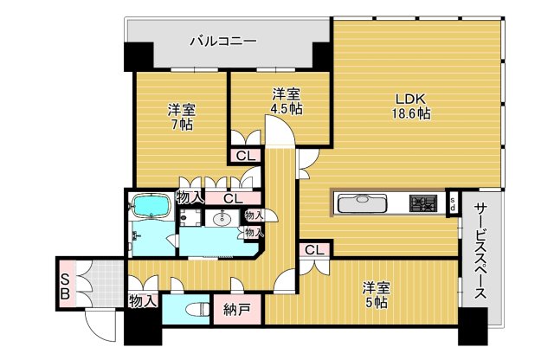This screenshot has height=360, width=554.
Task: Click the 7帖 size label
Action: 182,125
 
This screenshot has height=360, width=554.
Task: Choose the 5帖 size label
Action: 374,303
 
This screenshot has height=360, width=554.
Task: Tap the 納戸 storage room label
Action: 236,310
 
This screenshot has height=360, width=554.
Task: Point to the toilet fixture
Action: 194,309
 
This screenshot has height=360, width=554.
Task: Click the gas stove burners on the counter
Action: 423,204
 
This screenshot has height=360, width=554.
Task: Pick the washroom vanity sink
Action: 221,219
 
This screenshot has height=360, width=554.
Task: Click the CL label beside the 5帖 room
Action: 313,251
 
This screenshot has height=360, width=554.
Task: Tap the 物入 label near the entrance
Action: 144,301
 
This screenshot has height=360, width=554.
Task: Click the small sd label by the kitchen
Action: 453,204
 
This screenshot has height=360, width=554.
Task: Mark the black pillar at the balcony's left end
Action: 137,57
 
